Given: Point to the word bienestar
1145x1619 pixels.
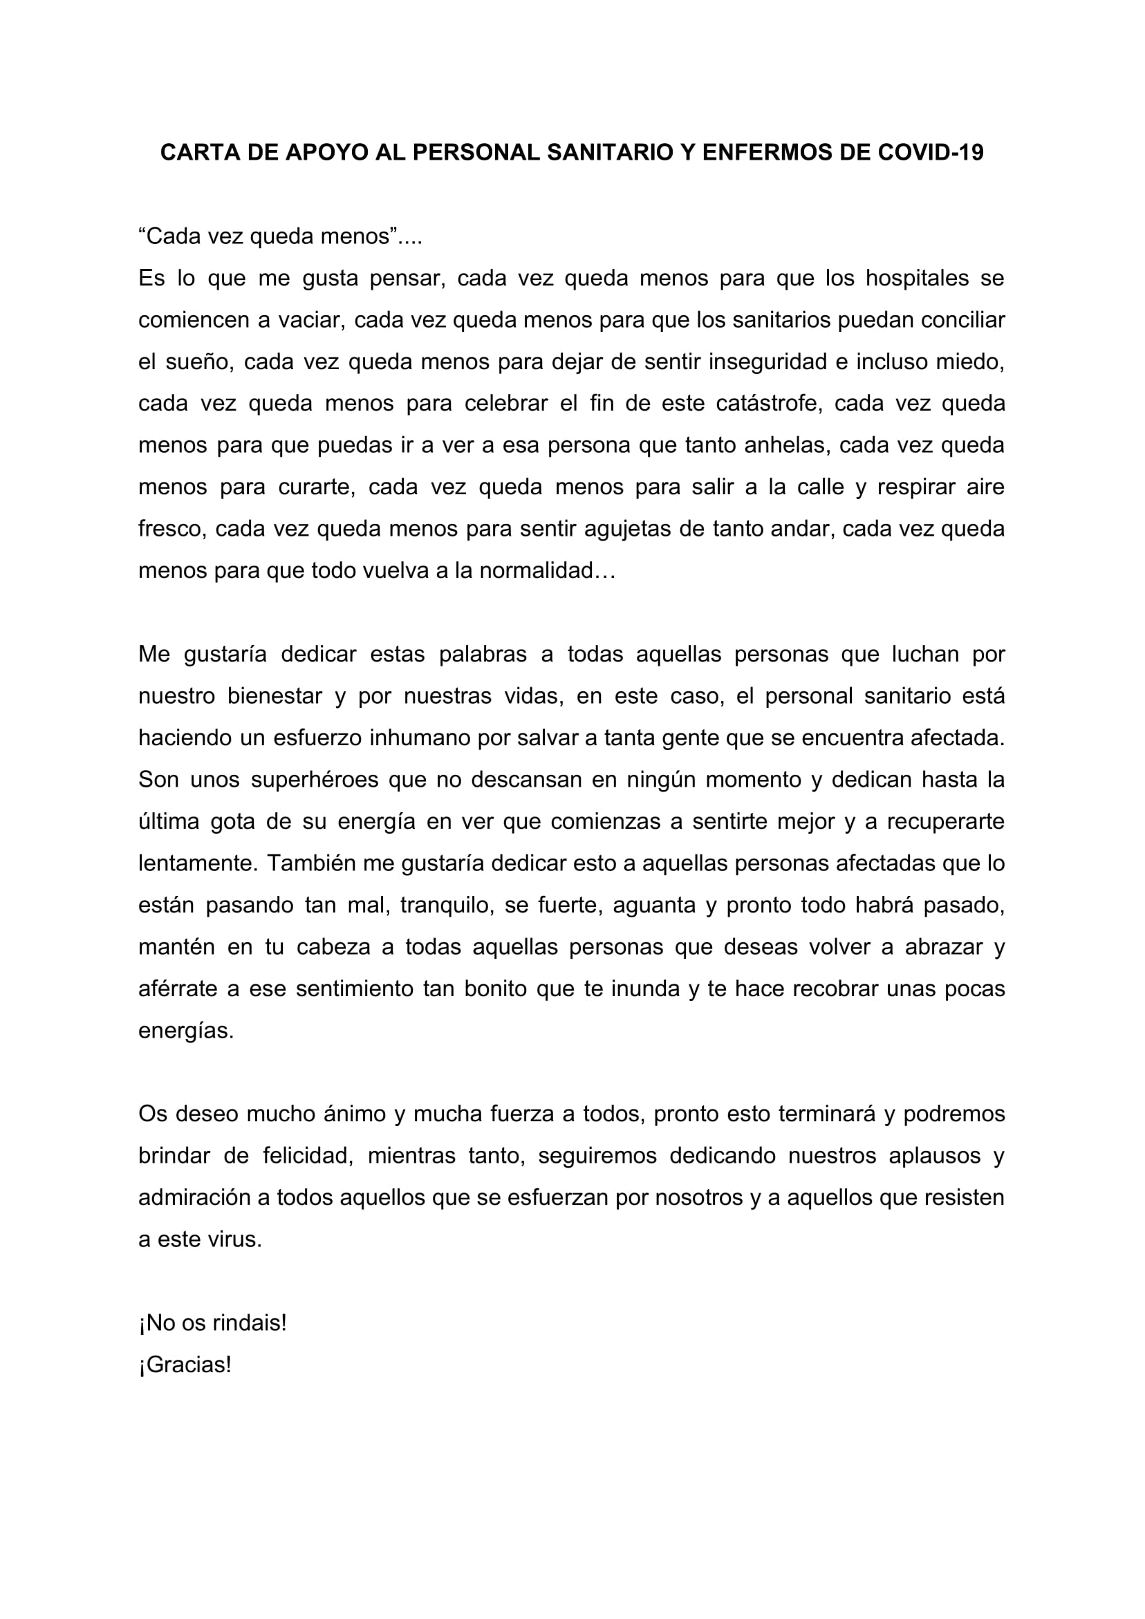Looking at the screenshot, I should [x=274, y=697].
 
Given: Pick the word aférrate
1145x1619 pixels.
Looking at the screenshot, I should [x=178, y=989].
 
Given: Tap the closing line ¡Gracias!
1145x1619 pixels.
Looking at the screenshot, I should [x=185, y=1365].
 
